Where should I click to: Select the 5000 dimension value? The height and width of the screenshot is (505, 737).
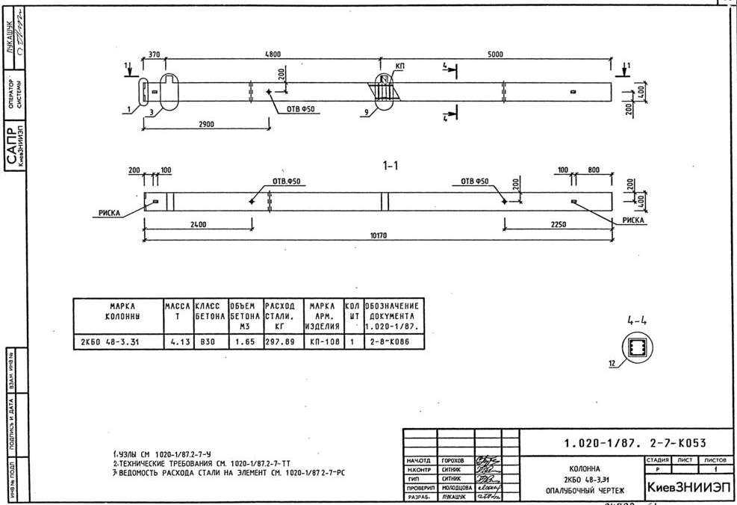(x=495, y=54)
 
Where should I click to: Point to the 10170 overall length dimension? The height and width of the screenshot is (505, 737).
(x=379, y=236)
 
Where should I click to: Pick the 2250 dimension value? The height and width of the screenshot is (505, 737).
(x=558, y=223)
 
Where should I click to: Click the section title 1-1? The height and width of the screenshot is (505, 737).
(x=389, y=166)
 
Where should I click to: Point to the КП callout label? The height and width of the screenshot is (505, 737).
(x=400, y=67)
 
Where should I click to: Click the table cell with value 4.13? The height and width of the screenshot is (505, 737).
(x=178, y=343)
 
